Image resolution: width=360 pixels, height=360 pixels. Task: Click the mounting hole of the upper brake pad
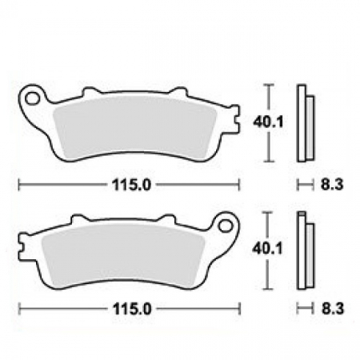click(x=34, y=99)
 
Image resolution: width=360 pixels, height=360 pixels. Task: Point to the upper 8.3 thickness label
click(x=327, y=185)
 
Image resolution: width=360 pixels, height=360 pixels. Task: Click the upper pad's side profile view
click(x=305, y=123)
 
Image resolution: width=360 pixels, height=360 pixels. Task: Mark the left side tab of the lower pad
click(x=23, y=252)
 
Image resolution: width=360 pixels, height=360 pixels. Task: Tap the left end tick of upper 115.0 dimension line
click(x=18, y=185)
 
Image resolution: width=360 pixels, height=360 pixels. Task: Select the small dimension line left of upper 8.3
click(x=304, y=185)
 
